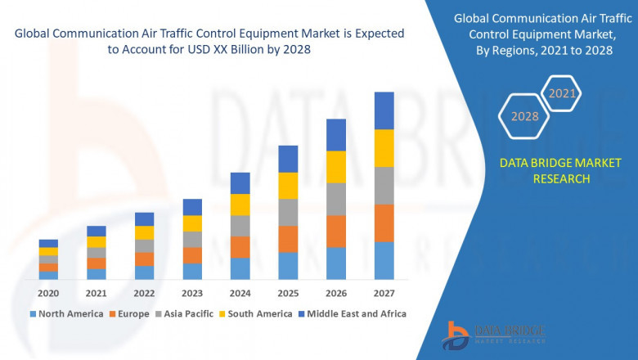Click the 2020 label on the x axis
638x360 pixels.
(x=48, y=293)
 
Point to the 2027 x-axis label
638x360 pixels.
(x=384, y=293)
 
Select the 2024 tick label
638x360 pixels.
(x=240, y=293)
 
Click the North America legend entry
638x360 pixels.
(x=66, y=313)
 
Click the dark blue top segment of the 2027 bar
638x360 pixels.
(x=384, y=110)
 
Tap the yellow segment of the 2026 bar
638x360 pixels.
(x=336, y=167)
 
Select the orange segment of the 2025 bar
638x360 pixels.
(x=288, y=239)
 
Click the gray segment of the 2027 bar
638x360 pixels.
(x=384, y=186)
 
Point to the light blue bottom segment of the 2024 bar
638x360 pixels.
(x=240, y=269)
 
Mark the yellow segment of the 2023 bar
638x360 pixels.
(x=192, y=223)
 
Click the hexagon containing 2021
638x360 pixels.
(x=562, y=94)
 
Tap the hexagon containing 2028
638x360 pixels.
(x=524, y=116)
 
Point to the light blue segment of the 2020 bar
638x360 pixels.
(x=48, y=276)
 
